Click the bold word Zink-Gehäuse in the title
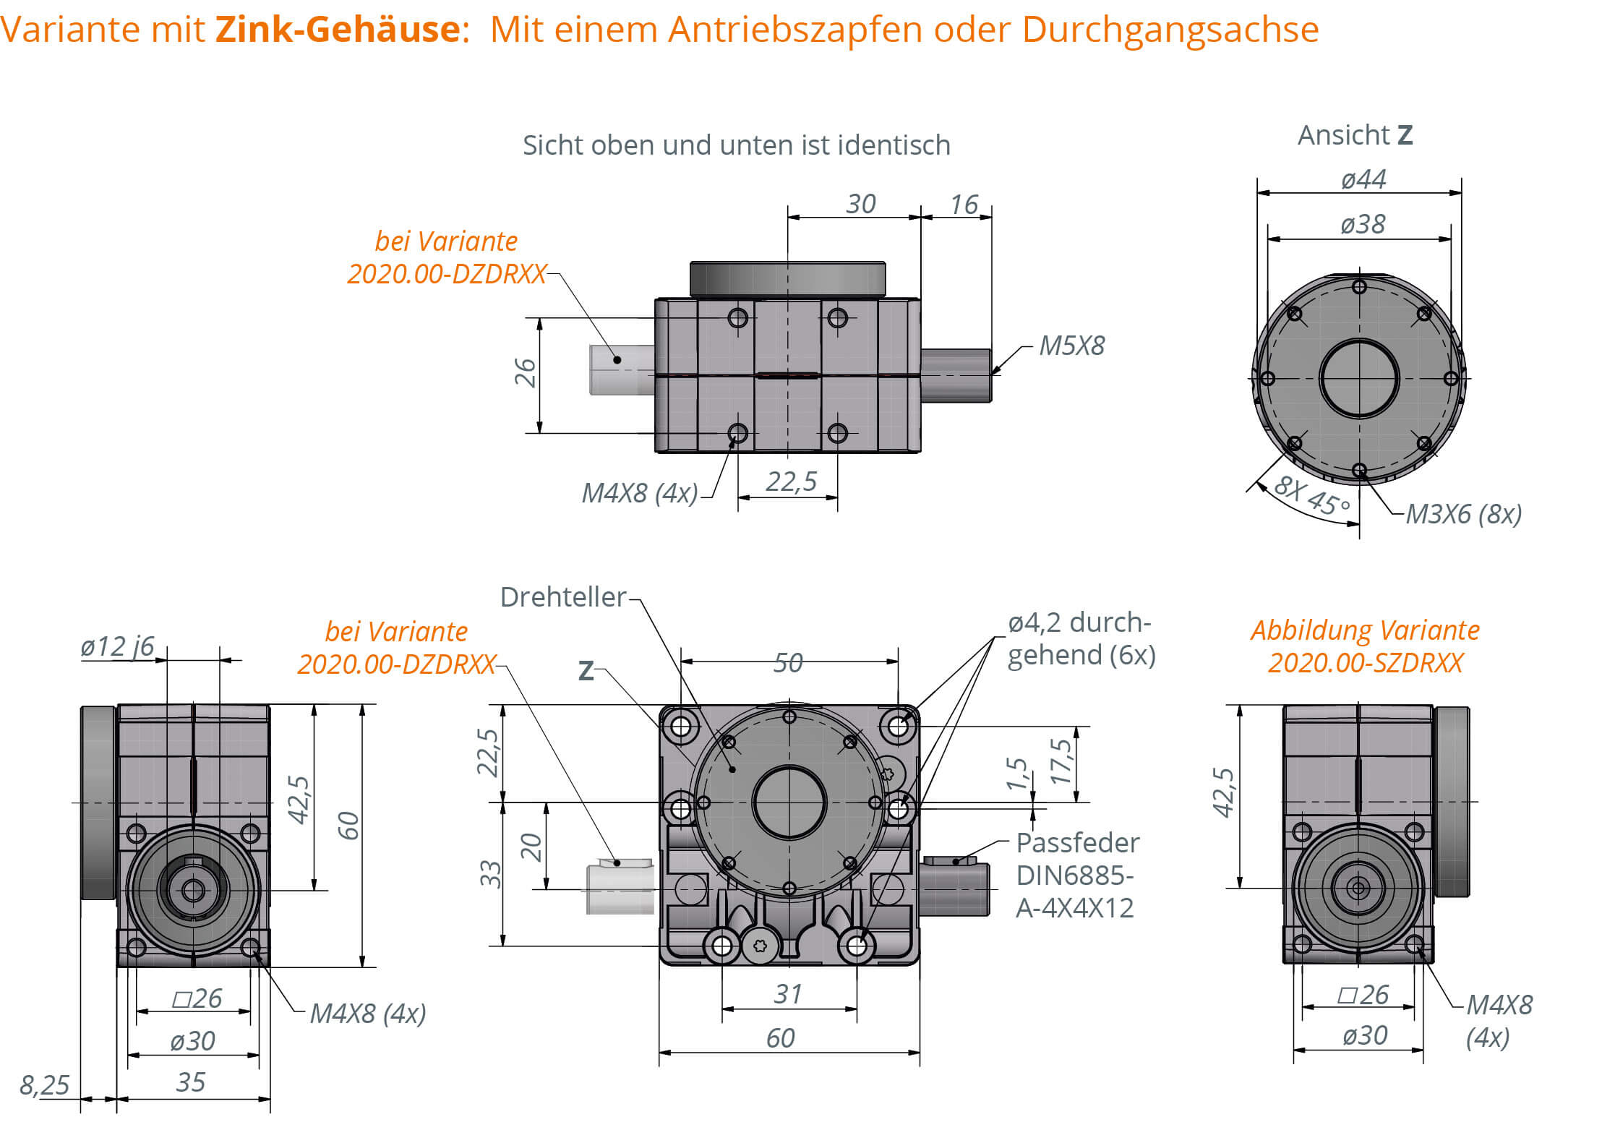pyautogui.click(x=338, y=30)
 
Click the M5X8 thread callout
pyautogui.click(x=1071, y=346)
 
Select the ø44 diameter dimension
pyautogui.click(x=1363, y=179)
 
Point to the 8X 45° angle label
pyautogui.click(x=1311, y=495)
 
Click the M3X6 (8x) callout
pyautogui.click(x=1463, y=514)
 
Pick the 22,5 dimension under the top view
pyautogui.click(x=791, y=481)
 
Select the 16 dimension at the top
pyautogui.click(x=964, y=205)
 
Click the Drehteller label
pyautogui.click(x=562, y=597)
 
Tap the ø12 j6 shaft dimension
pyautogui.click(x=117, y=646)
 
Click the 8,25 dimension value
pyautogui.click(x=44, y=1084)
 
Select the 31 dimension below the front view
pyautogui.click(x=787, y=994)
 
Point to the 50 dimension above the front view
pyautogui.click(x=787, y=662)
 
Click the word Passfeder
pyautogui.click(x=1077, y=843)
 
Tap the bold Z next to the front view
pyautogui.click(x=586, y=671)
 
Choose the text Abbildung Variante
pyautogui.click(x=1365, y=630)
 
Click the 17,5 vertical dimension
pyautogui.click(x=1061, y=761)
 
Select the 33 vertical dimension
pyautogui.click(x=491, y=873)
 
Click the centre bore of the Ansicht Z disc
pyautogui.click(x=1359, y=378)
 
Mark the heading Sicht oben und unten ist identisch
pyautogui.click(x=736, y=145)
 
